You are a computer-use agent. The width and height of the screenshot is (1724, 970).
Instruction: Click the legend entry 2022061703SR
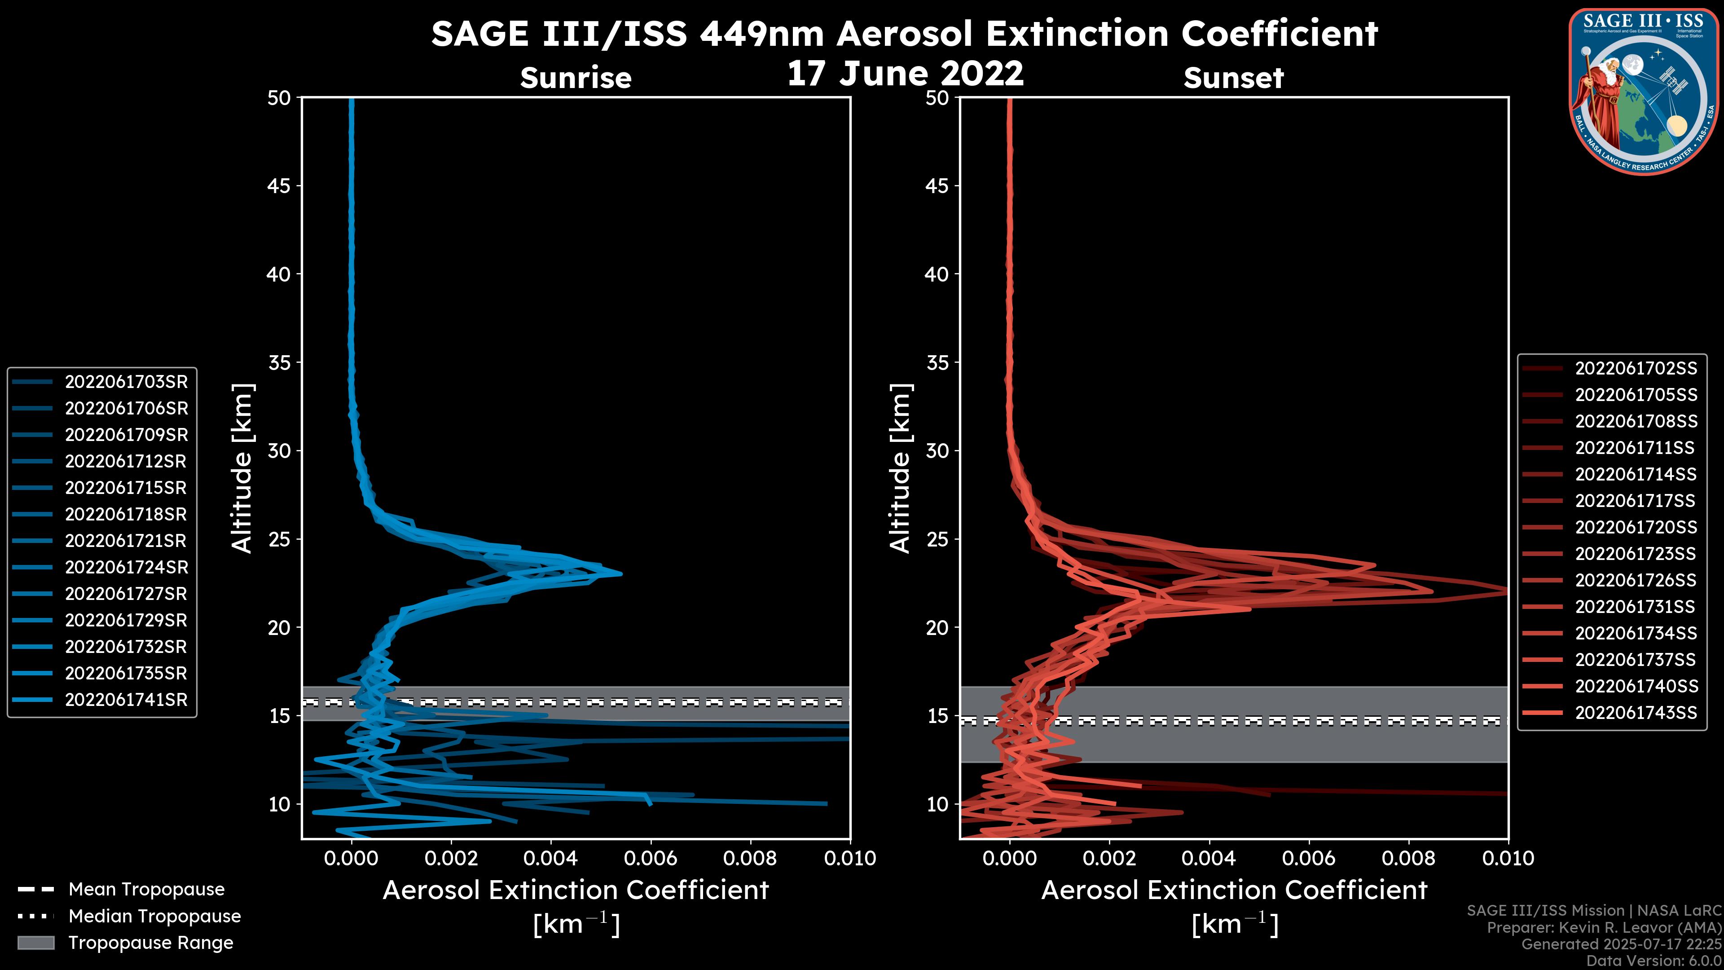(x=126, y=382)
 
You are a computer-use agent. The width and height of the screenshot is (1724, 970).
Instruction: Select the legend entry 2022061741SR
(x=126, y=700)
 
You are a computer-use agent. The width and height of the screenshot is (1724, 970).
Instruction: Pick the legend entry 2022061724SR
(x=126, y=567)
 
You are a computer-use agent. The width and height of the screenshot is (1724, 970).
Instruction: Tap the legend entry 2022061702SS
(x=1636, y=368)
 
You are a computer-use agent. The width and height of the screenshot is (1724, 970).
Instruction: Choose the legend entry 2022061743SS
(x=1636, y=712)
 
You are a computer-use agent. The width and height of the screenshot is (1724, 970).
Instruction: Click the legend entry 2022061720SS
(x=1636, y=527)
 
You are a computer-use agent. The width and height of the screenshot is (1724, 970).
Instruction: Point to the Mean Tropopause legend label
(x=146, y=889)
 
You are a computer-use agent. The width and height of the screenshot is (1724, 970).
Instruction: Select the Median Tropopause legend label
(x=154, y=916)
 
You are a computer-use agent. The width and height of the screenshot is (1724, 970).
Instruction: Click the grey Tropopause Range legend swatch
(x=35, y=943)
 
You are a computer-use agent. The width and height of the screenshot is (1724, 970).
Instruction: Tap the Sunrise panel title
(x=576, y=78)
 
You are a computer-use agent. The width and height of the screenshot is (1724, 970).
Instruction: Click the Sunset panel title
(x=1233, y=78)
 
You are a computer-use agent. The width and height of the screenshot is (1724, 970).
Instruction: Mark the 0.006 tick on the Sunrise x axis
(x=651, y=858)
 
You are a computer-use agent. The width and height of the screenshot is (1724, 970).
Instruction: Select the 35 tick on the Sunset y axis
(x=937, y=362)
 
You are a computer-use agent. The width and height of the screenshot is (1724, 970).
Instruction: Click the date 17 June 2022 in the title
(x=905, y=73)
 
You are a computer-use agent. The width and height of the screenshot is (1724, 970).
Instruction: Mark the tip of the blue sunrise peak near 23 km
(x=621, y=574)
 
